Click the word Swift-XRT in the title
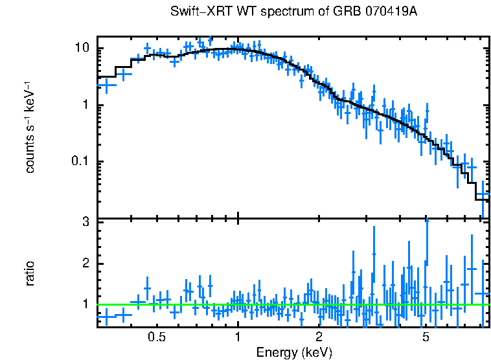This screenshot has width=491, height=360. pyautogui.click(x=196, y=12)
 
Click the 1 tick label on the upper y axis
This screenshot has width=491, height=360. pyautogui.click(x=85, y=106)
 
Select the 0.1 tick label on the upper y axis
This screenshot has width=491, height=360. pyautogui.click(x=80, y=162)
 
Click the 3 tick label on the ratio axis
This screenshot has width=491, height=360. pyautogui.click(x=85, y=223)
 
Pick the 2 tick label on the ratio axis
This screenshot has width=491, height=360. pyautogui.click(x=85, y=264)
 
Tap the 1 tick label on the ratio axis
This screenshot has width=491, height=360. pyautogui.click(x=85, y=304)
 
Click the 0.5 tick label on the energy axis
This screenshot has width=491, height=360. pyautogui.click(x=157, y=337)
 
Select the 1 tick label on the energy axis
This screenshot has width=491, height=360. pyautogui.click(x=238, y=337)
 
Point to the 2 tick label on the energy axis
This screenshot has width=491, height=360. pyautogui.click(x=319, y=337)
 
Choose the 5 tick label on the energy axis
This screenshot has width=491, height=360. pyautogui.click(x=426, y=337)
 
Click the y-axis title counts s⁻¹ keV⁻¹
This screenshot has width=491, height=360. pyautogui.click(x=30, y=127)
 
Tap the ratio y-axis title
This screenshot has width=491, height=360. pyautogui.click(x=30, y=273)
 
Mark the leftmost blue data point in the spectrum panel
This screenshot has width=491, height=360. pyautogui.click(x=106, y=85)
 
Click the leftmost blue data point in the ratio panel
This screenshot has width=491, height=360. pyautogui.click(x=106, y=317)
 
